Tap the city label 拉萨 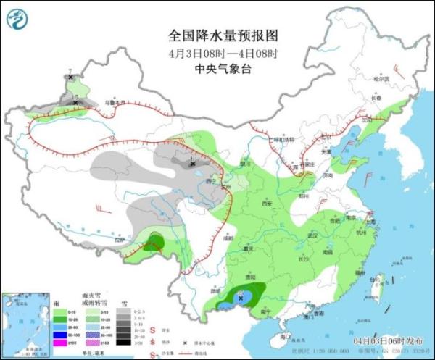pyautogui.click(x=121, y=240)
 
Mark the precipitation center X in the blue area pyautogui.click(x=241, y=298)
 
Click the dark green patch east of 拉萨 pyautogui.click(x=154, y=242)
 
